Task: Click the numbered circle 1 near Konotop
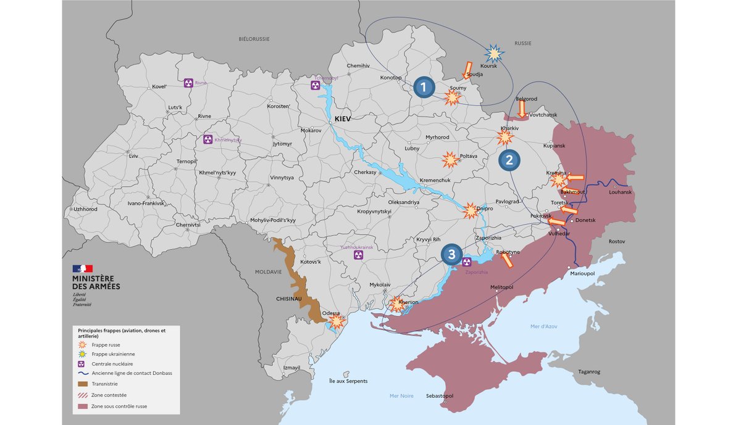point(424,88)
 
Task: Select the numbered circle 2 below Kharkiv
point(509,160)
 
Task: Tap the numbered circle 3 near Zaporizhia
point(452,254)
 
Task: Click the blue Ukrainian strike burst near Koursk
point(493,54)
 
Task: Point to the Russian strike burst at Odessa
point(337,321)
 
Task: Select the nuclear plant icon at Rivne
point(188,83)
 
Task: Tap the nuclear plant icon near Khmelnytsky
point(207,140)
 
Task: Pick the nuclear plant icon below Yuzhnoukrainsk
point(358,255)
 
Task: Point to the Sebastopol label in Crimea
point(440,395)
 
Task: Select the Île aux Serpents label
point(348,381)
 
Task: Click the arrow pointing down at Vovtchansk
point(522,109)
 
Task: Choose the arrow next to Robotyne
point(506,261)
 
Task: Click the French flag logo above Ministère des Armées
point(83,268)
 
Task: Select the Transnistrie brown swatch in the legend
point(83,383)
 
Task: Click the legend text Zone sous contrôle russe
point(119,406)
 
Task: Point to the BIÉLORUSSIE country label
point(254,39)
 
